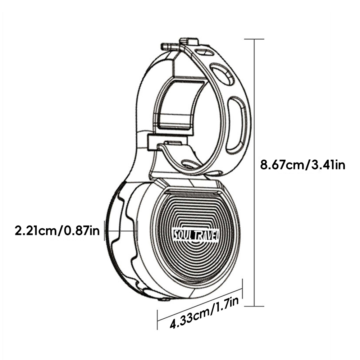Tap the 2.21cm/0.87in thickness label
tap(57, 230)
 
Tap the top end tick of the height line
tap(255, 39)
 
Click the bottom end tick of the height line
tap(255, 306)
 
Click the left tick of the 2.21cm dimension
tap(104, 231)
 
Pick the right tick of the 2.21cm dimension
tap(137, 231)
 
